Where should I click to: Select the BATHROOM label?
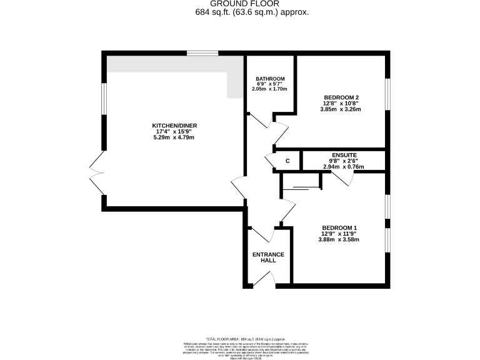(x=269, y=79)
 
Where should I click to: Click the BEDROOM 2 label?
(x=341, y=97)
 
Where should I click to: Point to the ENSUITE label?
(x=344, y=154)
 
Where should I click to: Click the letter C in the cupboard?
(x=287, y=161)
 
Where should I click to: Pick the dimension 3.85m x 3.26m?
(x=341, y=109)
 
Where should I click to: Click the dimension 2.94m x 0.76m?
(x=344, y=166)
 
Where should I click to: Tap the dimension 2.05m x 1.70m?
(x=269, y=89)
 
